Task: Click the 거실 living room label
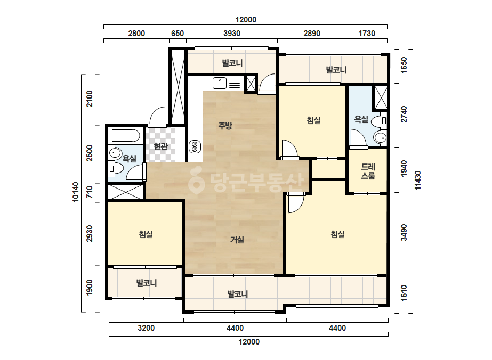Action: point(237,240)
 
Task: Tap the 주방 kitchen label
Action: point(225,126)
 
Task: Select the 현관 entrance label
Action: point(160,146)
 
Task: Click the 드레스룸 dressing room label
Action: point(368,171)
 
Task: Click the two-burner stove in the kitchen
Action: point(195,147)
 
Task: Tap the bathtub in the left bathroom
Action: point(126,136)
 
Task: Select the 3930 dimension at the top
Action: point(232,33)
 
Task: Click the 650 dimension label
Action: point(178,33)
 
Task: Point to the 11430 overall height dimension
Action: point(417,181)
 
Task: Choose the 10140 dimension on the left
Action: point(76,192)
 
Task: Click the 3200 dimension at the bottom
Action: point(146,328)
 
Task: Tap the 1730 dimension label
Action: point(367,33)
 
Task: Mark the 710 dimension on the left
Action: point(90,192)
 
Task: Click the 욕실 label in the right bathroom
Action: point(361,119)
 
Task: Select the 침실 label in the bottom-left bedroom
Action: point(146,234)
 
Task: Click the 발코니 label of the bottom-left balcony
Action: point(147,283)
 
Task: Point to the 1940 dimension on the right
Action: point(404,168)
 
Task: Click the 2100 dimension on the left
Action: point(90,99)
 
